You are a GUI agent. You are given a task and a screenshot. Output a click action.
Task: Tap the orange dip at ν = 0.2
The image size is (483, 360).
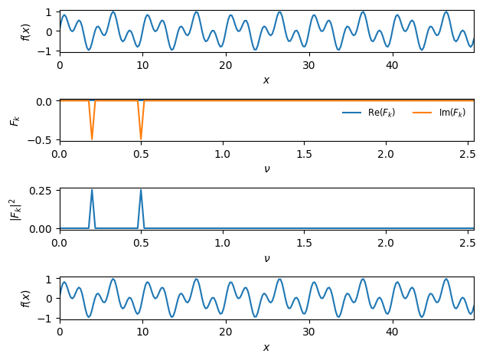(x=92, y=139)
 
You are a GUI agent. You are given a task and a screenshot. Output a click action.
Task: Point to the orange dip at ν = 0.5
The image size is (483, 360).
(x=141, y=139)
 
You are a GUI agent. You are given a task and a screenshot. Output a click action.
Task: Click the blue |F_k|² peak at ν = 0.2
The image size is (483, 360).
(x=92, y=191)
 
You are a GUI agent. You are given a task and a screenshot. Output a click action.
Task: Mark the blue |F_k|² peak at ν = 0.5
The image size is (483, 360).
(x=141, y=191)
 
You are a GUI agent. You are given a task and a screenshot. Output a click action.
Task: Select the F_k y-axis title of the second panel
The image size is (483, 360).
(x=13, y=120)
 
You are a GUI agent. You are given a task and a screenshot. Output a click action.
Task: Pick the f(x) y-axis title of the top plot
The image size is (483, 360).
(x=25, y=31)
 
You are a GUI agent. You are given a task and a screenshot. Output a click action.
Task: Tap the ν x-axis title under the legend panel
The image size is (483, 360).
(x=266, y=169)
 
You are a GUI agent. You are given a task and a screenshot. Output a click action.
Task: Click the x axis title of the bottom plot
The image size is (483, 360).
(x=266, y=347)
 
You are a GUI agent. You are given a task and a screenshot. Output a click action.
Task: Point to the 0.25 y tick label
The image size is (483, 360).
(x=42, y=191)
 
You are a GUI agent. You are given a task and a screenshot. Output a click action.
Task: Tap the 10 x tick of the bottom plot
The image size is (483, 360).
(x=142, y=332)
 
